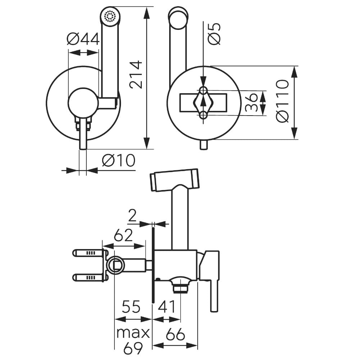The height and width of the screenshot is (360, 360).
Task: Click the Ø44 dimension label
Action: pyautogui.click(x=83, y=39)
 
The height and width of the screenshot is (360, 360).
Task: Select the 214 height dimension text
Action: pyautogui.click(x=136, y=75)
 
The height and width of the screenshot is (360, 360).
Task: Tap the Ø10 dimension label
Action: pyautogui.click(x=118, y=160)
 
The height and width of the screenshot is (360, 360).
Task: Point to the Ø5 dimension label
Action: pyautogui.click(x=215, y=33)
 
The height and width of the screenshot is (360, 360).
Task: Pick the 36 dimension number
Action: pyautogui.click(x=252, y=103)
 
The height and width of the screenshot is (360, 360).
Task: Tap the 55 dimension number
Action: pyautogui.click(x=131, y=307)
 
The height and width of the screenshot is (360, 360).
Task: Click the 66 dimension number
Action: pyautogui.click(x=175, y=335)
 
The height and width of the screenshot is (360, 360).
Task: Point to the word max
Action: pyautogui.click(x=132, y=333)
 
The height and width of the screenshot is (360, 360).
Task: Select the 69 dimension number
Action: pyautogui.click(x=132, y=348)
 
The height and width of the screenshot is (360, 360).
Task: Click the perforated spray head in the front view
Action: pyautogui.click(x=110, y=16)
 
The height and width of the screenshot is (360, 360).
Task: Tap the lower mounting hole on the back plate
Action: pyautogui.click(x=203, y=115)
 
